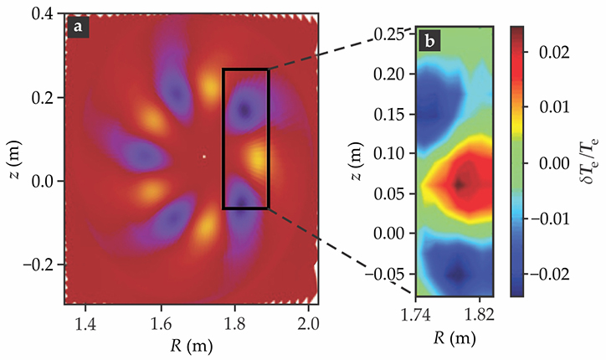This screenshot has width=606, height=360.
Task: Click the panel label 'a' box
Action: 80,27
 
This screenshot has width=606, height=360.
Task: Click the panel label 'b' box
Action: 428,38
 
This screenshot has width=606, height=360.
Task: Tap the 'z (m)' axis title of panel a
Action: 13,157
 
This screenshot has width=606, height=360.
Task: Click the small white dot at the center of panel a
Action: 203,156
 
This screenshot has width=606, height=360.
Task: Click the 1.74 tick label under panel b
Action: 417,316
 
